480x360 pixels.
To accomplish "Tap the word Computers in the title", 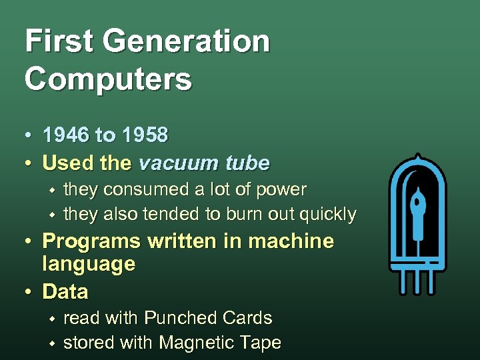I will [x=108, y=79].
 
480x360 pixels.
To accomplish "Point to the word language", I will [x=89, y=265].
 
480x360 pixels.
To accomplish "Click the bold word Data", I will [x=65, y=291].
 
